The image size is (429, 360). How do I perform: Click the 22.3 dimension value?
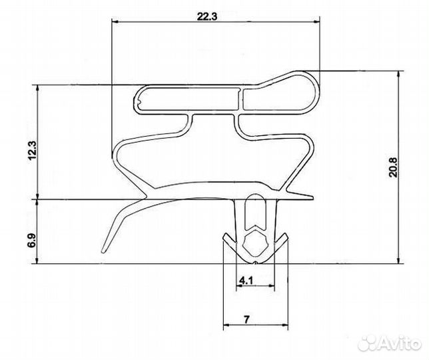(207, 17)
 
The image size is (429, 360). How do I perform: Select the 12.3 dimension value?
(32, 150)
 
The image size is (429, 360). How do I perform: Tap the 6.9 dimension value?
(32, 241)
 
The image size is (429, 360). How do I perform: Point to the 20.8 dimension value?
(394, 167)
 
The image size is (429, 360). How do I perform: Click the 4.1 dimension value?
(246, 281)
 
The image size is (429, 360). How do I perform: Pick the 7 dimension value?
(246, 319)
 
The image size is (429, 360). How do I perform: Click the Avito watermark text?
(400, 343)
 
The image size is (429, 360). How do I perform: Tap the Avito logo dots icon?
(368, 343)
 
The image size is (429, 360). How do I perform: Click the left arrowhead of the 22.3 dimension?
(115, 21)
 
